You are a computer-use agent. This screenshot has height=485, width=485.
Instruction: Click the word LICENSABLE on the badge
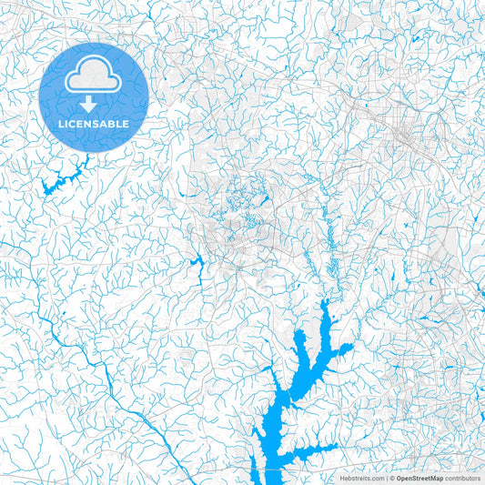point(94,123)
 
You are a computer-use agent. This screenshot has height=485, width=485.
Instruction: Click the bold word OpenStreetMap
point(419,477)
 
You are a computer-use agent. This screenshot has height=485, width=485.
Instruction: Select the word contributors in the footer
point(462,477)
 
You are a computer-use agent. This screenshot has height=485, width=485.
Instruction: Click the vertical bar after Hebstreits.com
point(387,477)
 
